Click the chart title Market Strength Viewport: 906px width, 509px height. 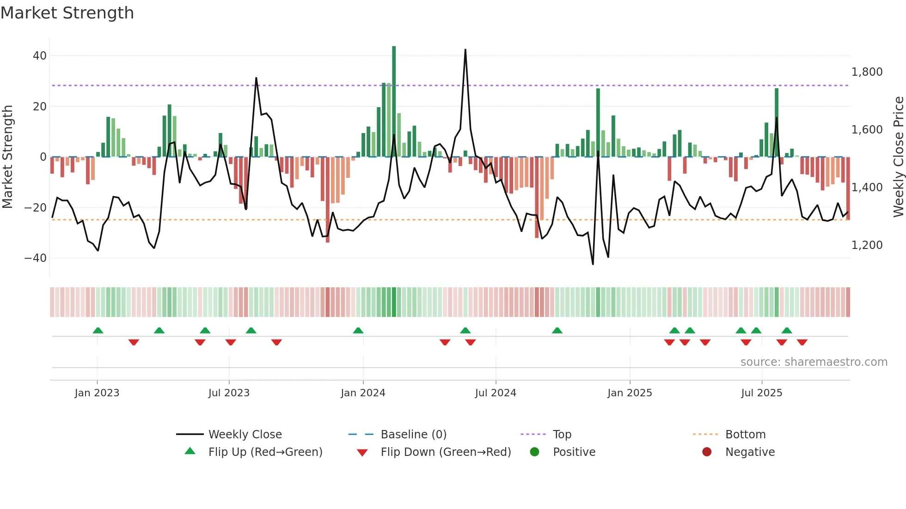67,13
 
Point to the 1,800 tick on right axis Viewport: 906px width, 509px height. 867,72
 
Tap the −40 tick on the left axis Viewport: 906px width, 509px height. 36,258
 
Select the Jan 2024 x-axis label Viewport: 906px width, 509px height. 363,393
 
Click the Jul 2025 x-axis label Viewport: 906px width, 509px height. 761,393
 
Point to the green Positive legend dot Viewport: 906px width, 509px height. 535,452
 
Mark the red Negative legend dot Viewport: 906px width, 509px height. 707,452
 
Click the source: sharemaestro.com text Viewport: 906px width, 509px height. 814,362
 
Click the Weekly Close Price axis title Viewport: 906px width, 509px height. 898,157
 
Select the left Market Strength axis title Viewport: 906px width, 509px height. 7,157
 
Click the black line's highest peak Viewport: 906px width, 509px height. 465,50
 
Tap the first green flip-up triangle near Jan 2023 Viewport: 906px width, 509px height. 98,330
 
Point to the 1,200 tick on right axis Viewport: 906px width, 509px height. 867,245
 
